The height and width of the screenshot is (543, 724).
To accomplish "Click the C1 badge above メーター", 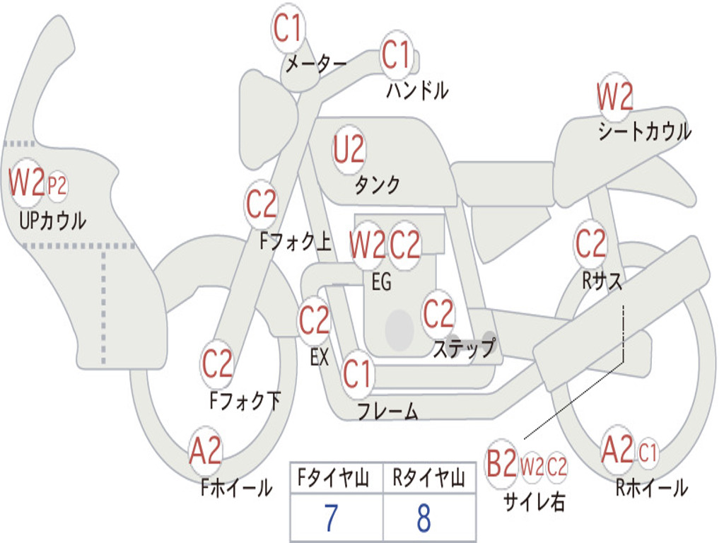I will tap(288, 30).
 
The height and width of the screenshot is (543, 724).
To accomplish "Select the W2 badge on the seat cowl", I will tap(614, 98).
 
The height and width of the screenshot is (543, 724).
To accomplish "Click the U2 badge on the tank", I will tap(349, 150).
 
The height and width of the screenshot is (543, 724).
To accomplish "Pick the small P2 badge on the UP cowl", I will tap(57, 186).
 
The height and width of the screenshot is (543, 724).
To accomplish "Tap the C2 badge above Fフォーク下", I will tap(217, 365).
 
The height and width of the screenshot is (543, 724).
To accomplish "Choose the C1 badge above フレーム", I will tap(357, 373).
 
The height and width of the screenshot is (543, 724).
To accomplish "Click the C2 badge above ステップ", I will tap(438, 314).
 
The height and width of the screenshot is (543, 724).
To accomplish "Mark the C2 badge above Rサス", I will tap(590, 245).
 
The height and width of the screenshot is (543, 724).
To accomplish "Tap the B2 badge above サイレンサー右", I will tap(501, 465).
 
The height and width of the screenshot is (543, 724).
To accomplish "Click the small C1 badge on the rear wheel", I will tap(648, 451).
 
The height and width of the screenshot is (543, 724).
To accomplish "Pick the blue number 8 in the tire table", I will tap(424, 518).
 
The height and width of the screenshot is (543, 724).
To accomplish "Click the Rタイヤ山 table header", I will tap(428, 479).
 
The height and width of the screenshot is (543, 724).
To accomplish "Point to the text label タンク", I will tap(377, 185).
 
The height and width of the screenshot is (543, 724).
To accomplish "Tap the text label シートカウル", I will tap(644, 132).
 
